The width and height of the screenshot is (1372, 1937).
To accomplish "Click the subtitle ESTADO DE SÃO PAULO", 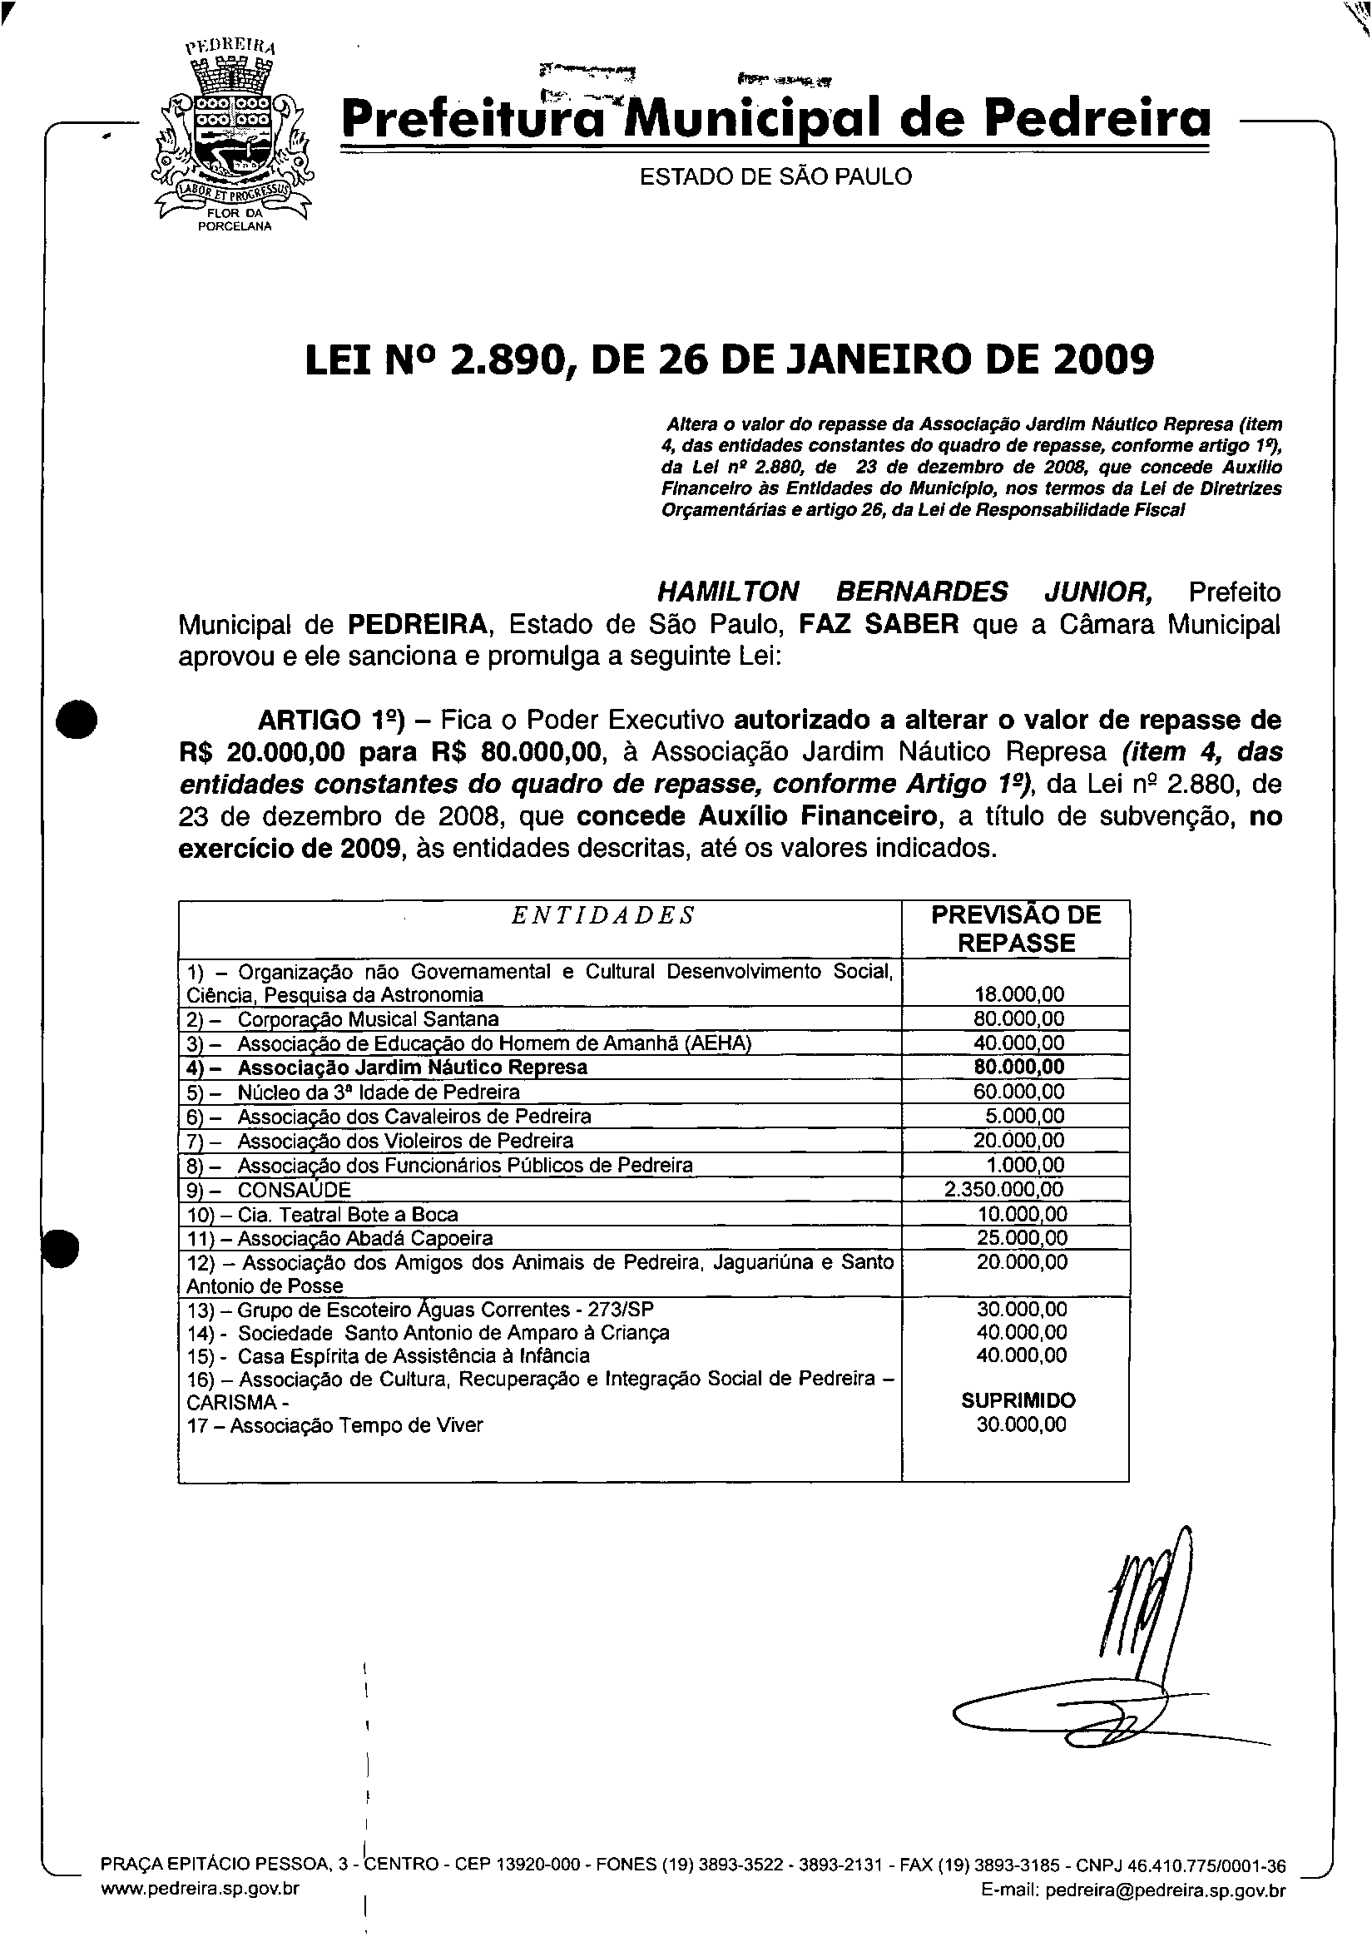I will [775, 176].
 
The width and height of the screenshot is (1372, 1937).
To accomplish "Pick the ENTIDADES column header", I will [603, 916].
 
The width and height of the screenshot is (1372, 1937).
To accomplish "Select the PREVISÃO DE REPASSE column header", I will [1016, 929].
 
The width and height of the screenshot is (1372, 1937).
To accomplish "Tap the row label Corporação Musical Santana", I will [368, 1018].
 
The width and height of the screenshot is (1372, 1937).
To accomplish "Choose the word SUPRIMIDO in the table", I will [1018, 1400].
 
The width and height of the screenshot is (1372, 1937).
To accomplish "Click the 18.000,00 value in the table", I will [1019, 994].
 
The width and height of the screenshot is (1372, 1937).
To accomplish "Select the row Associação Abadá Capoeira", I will [365, 1238].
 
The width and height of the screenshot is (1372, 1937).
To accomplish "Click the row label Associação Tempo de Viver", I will [355, 1425].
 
